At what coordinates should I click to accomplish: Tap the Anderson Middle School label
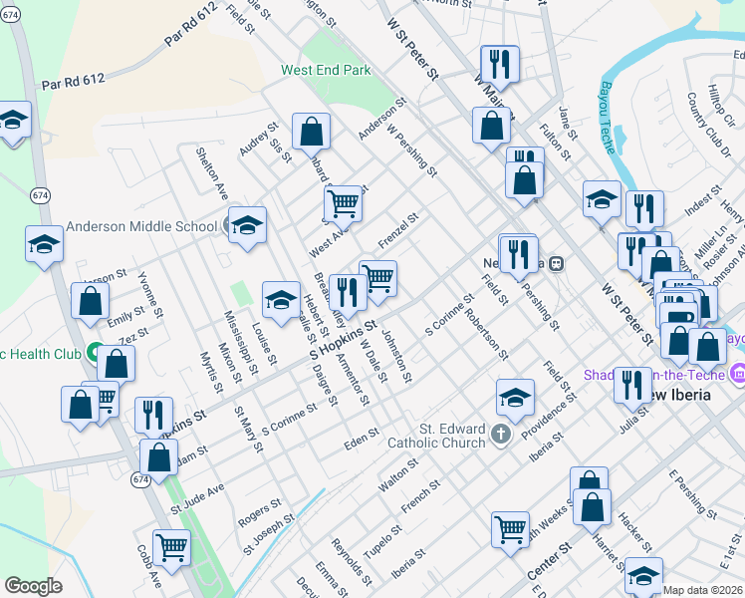click(141, 226)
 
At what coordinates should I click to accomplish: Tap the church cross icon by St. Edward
click(500, 435)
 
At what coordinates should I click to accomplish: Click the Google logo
click(33, 586)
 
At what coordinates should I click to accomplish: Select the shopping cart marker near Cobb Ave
click(171, 545)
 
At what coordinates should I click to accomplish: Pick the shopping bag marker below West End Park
click(311, 130)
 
